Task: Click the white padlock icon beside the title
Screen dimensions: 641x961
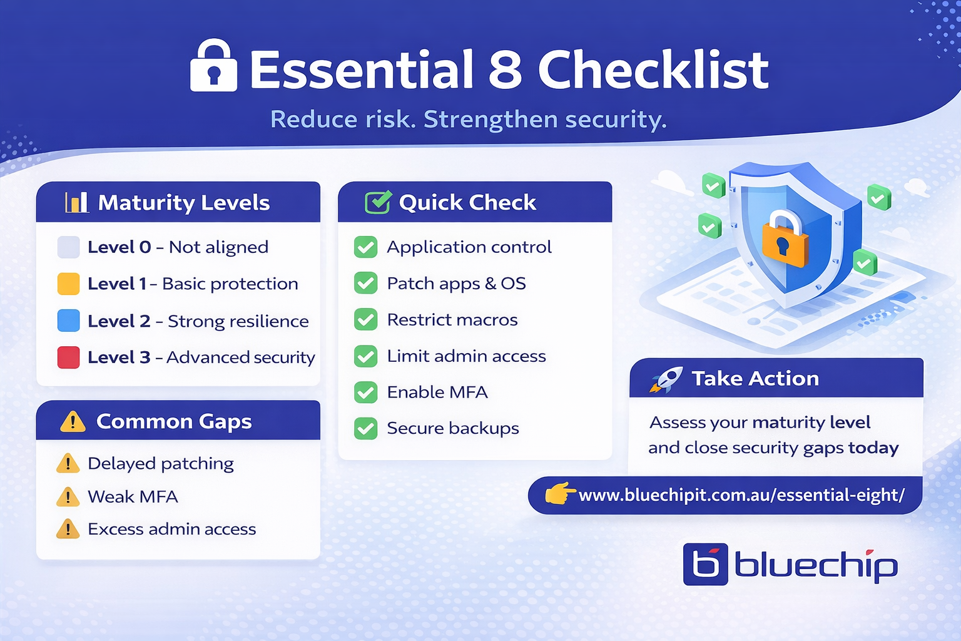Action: point(213,66)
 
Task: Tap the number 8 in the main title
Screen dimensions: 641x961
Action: point(505,69)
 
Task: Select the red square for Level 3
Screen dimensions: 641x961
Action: point(68,357)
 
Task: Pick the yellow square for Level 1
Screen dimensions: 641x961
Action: point(68,284)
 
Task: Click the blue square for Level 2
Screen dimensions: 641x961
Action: point(68,320)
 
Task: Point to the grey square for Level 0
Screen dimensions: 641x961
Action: point(68,247)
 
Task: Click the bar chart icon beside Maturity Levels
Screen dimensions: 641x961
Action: point(76,202)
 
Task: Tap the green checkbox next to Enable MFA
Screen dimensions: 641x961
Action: point(365,392)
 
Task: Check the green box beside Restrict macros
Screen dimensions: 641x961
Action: point(365,320)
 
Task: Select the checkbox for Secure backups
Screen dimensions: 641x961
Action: point(365,429)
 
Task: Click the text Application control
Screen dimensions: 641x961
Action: point(469,247)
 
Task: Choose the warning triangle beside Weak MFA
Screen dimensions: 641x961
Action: point(68,497)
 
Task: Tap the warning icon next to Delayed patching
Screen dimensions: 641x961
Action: point(68,464)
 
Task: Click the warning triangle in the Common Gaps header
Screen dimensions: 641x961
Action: point(73,421)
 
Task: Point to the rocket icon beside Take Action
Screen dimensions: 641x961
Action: point(666,379)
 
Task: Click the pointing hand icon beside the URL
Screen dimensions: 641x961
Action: point(559,493)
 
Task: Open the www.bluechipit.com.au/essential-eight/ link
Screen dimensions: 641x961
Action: point(741,495)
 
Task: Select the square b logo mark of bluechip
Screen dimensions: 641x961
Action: point(705,564)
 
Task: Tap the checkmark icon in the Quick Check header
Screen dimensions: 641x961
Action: point(378,202)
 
